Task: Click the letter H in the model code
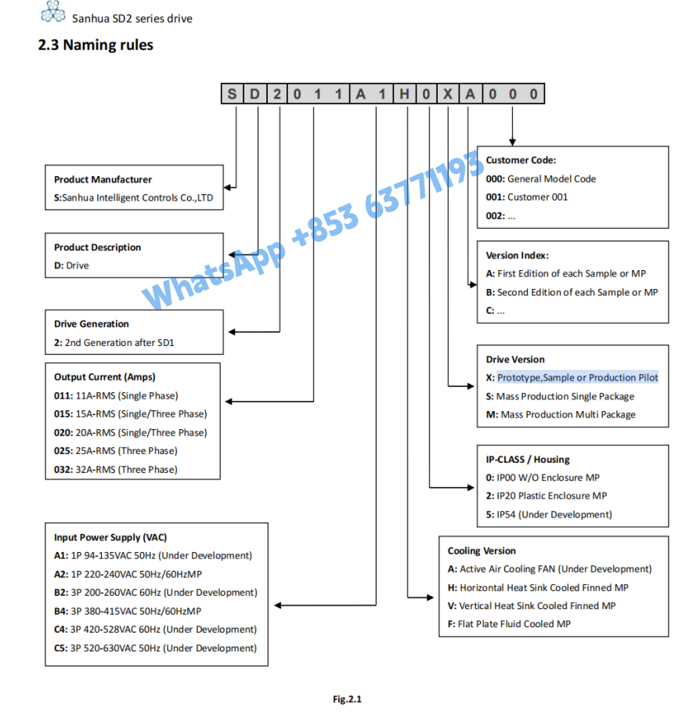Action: tap(403, 95)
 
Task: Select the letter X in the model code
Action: tap(447, 95)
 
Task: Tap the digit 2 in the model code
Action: tap(277, 95)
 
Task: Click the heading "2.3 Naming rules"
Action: tap(96, 45)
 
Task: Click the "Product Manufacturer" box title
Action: tap(103, 179)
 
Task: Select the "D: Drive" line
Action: tap(71, 265)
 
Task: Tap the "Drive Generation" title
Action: tap(92, 323)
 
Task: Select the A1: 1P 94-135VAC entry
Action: tap(153, 555)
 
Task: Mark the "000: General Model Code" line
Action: tap(540, 179)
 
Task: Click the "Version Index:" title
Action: tap(517, 254)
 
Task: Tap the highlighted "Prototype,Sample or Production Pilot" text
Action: tap(577, 377)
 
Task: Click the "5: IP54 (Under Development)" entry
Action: tap(549, 514)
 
